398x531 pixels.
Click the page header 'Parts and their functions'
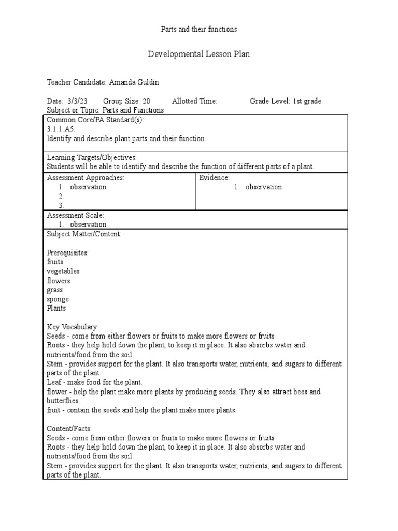199,30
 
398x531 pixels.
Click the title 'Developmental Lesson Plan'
199,54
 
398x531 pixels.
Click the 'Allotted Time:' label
194,101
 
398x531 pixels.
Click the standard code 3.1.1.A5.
61,129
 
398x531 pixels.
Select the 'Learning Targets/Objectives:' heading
92,157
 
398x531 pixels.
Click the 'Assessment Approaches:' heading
86,178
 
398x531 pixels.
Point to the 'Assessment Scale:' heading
76,215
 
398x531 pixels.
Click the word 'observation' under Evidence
264,187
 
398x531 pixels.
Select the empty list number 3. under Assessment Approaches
61,206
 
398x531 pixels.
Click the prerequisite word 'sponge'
58,300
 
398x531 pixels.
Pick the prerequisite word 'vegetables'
63,271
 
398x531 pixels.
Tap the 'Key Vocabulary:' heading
73,327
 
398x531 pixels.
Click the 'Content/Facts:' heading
69,429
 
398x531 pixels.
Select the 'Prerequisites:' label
68,253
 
